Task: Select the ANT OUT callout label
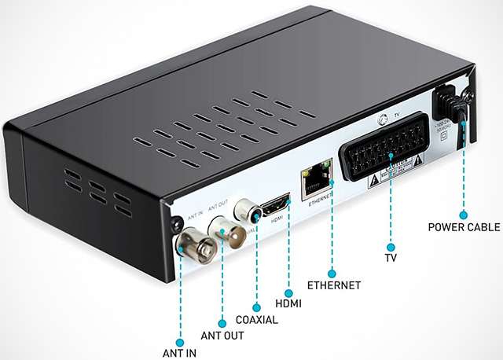[x=222, y=336]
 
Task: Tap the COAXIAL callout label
[x=257, y=320]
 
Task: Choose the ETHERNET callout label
[x=333, y=285]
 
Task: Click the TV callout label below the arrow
[x=391, y=256]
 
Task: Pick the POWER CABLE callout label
[x=464, y=228]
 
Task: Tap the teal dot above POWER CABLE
[x=464, y=213]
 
